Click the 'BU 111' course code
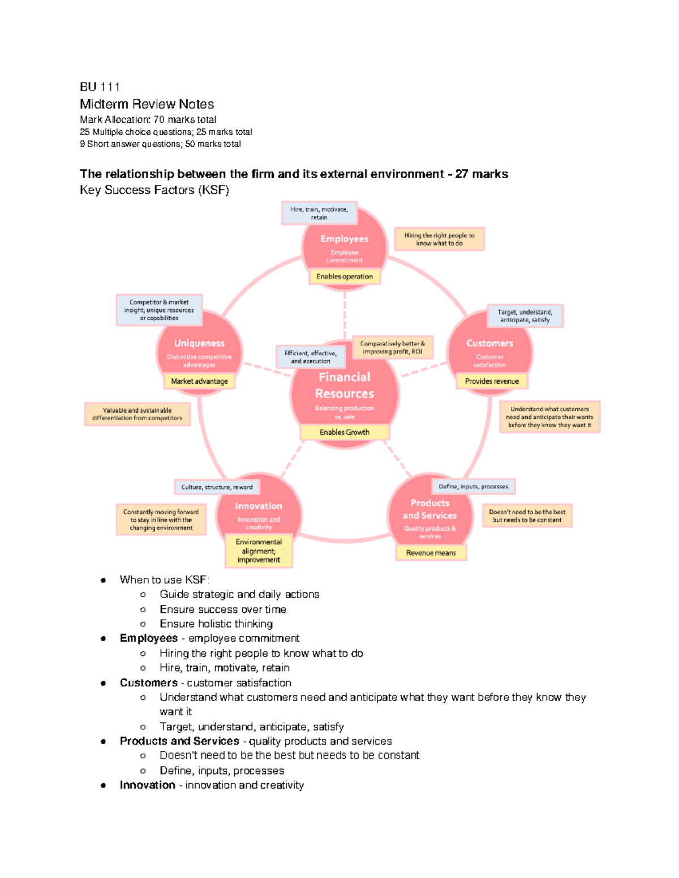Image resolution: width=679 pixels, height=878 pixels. tap(100, 86)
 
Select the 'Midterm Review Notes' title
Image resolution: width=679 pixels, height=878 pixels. tap(147, 104)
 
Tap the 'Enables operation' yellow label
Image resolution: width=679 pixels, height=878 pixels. tap(345, 276)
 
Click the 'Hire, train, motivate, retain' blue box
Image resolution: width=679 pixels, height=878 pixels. tap(319, 213)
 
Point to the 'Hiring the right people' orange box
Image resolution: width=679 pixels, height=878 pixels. tap(439, 239)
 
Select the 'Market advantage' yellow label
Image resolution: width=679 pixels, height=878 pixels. tap(199, 381)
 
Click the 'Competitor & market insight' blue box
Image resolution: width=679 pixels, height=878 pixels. tap(159, 310)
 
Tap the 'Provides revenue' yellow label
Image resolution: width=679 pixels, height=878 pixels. tap(492, 381)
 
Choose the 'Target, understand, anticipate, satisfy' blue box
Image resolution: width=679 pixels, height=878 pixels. tap(525, 315)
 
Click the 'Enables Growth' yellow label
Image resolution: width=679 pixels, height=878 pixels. tap(344, 432)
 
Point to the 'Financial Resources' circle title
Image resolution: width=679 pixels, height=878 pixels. tap(345, 385)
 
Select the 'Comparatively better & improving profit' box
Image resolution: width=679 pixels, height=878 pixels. tap(393, 347)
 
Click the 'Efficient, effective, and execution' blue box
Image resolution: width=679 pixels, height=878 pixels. tap(311, 357)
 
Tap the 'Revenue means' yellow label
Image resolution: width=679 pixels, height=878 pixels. tap(431, 553)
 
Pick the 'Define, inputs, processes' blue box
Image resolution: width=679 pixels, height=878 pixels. tap(473, 486)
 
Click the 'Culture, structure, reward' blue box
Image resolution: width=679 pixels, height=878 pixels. tap(217, 487)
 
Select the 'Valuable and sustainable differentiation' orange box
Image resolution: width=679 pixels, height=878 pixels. tap(137, 414)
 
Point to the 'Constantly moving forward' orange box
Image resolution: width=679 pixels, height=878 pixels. tap(161, 520)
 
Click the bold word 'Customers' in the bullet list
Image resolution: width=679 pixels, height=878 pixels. tap(149, 682)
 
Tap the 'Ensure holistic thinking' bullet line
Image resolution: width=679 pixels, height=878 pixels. tap(216, 624)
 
